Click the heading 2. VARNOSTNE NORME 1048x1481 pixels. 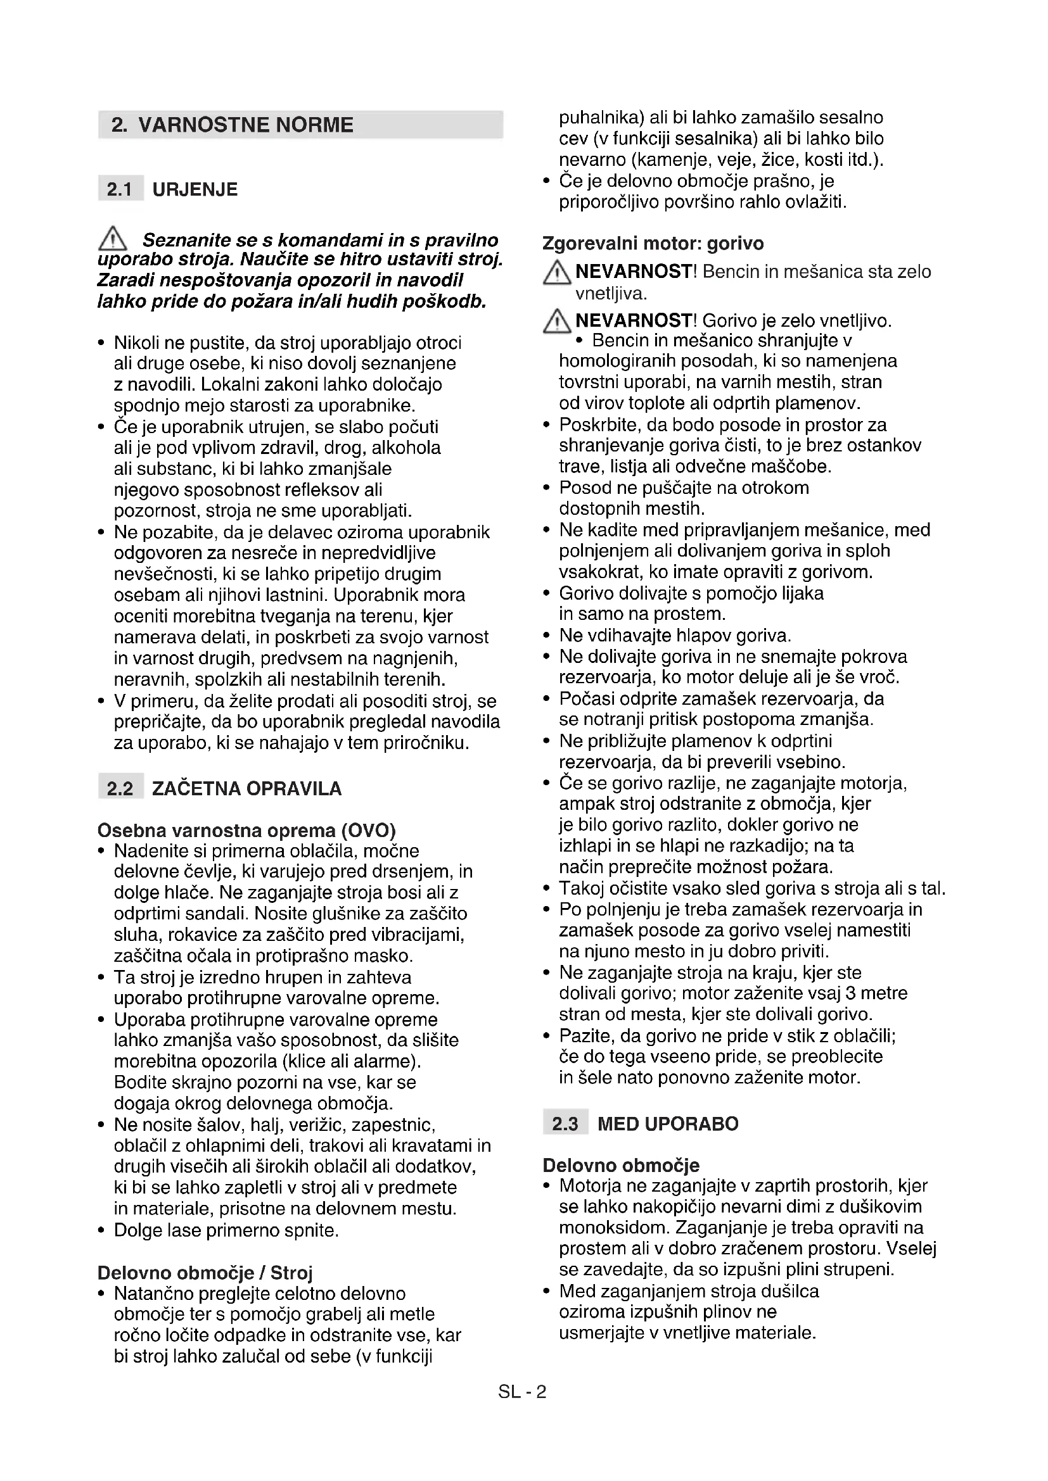233,125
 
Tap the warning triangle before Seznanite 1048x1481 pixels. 112,239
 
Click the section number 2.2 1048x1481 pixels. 120,788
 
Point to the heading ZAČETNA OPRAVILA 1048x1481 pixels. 246,788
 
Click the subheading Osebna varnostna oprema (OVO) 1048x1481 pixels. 246,830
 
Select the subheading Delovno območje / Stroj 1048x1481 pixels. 205,1273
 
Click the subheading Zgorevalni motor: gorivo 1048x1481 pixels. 653,243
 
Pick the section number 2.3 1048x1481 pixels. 565,1124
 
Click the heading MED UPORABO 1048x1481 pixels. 668,1124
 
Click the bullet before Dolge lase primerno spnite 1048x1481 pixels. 101,1231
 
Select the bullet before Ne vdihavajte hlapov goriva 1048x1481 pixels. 547,636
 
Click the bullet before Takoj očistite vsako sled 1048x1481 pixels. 547,889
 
